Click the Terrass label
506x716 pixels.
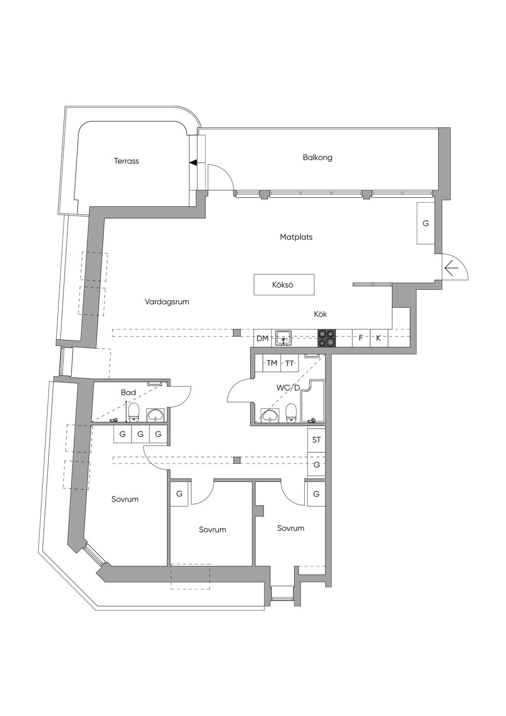coord(126,161)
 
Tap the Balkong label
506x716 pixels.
coord(317,157)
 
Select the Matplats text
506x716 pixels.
coord(296,237)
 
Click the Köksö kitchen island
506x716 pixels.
coord(284,285)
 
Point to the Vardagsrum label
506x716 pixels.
coord(167,302)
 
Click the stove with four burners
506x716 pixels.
coord(326,338)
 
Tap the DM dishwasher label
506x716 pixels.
coord(262,339)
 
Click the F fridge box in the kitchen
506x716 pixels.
coord(361,338)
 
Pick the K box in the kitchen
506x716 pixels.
coord(379,338)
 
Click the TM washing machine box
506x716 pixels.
coord(272,363)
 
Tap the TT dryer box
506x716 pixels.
coord(290,363)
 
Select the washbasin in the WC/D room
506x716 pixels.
coord(269,416)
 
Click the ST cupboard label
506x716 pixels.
coord(316,440)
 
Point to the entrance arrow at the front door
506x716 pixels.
coord(451,268)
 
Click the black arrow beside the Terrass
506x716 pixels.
coord(193,162)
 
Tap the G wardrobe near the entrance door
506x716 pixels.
coord(425,224)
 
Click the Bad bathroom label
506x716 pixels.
coord(128,393)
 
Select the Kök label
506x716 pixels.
coord(320,314)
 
